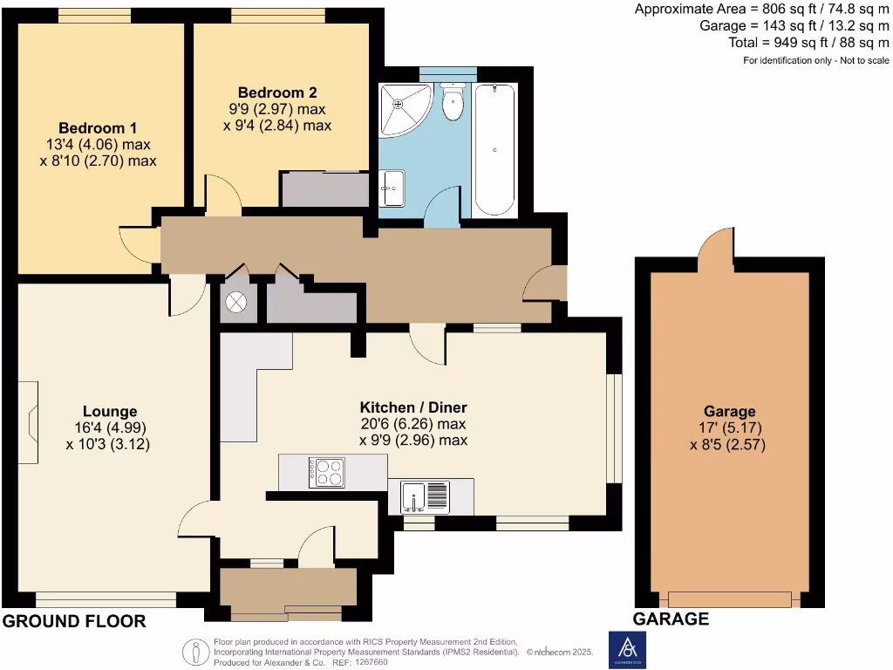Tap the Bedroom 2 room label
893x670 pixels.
(277, 92)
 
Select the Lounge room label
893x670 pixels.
(110, 411)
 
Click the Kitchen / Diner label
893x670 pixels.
(413, 407)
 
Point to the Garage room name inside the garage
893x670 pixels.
(730, 412)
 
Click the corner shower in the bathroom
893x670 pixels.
(402, 107)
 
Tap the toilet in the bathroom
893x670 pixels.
(453, 103)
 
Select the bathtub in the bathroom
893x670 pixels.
(494, 148)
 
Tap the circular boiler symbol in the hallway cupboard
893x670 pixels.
(236, 303)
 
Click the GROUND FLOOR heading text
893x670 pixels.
(73, 621)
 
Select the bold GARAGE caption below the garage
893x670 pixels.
(671, 619)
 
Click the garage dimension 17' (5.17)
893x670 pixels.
(730, 428)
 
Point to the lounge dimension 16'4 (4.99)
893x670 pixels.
(110, 427)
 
